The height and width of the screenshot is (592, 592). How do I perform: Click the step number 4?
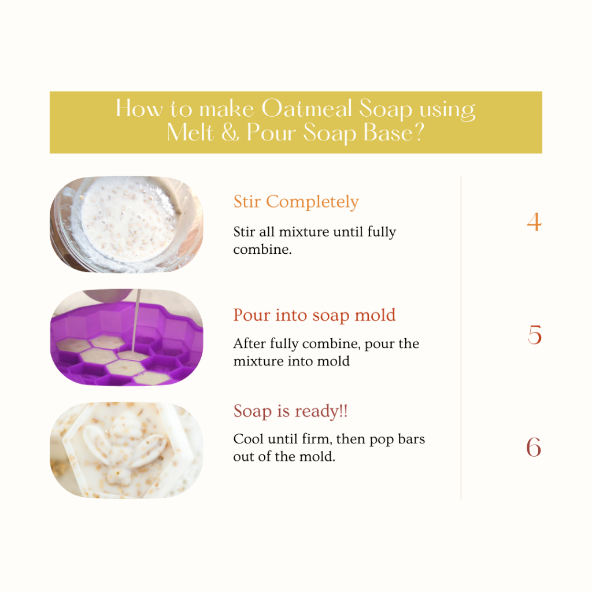pyautogui.click(x=534, y=222)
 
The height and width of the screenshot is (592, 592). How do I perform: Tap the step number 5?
pyautogui.click(x=535, y=335)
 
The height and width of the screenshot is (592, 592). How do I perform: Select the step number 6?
pyautogui.click(x=534, y=447)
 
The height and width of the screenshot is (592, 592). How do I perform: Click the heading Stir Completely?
pyautogui.click(x=296, y=202)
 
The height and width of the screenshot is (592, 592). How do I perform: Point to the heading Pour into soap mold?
pyautogui.click(x=314, y=315)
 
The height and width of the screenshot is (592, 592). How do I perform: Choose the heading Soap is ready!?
pyautogui.click(x=290, y=411)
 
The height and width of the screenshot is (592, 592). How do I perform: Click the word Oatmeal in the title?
pyautogui.click(x=306, y=109)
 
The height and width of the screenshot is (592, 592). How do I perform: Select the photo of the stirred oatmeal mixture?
pyautogui.click(x=127, y=224)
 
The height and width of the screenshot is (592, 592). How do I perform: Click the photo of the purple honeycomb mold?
pyautogui.click(x=127, y=337)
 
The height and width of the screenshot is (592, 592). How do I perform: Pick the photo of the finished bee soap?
pyautogui.click(x=127, y=450)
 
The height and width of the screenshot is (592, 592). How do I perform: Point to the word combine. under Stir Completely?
pyautogui.click(x=262, y=250)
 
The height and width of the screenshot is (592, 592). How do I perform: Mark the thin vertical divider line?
pyautogui.click(x=461, y=337)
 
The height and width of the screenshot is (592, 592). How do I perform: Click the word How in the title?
pyautogui.click(x=139, y=109)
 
